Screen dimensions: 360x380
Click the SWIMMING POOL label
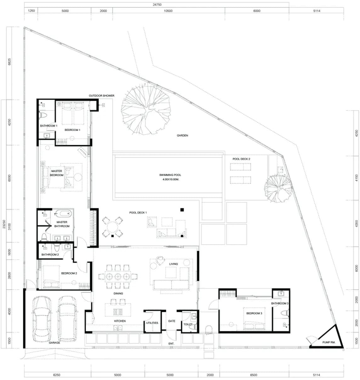point(170,175)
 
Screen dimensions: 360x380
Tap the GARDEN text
point(182,136)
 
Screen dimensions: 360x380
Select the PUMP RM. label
point(329,342)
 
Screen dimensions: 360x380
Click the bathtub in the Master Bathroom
point(65,214)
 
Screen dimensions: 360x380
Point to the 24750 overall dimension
point(157,5)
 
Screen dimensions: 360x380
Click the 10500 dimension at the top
point(168,11)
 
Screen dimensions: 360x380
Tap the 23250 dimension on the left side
point(4,224)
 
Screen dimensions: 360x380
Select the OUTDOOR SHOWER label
point(102,96)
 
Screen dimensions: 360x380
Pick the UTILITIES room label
point(152,323)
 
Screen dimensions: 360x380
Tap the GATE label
point(172,321)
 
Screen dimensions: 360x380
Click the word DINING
point(118,293)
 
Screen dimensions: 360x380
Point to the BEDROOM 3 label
point(254,313)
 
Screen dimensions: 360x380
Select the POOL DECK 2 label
point(241,159)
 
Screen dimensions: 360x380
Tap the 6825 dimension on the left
point(9,62)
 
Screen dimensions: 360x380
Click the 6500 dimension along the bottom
point(253,375)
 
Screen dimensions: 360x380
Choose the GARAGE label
point(54,343)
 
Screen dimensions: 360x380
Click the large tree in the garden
point(146,109)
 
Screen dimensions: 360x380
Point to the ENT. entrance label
point(171,344)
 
